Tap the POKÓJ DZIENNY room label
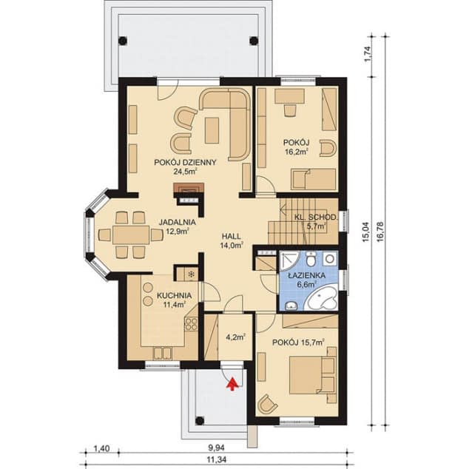(185, 163)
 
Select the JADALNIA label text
(178, 222)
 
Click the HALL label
(232, 236)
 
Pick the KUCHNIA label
(175, 295)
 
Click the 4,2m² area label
(236, 337)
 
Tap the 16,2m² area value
(297, 152)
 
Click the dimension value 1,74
(368, 54)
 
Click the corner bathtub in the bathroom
(321, 299)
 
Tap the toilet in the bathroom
(311, 260)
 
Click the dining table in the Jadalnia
(131, 234)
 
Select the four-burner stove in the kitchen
(191, 324)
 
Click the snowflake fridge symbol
(191, 274)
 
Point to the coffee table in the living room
(212, 130)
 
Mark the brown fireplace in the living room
(189, 189)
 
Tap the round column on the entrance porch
(200, 421)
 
